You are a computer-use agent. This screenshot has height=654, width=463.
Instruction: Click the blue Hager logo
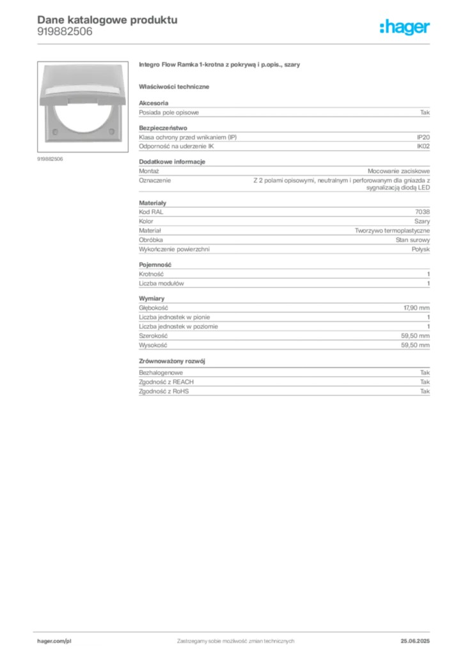pos(405,27)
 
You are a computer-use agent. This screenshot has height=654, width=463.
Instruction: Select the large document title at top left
pos(106,19)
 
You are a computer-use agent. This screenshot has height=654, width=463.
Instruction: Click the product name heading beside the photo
pos(219,66)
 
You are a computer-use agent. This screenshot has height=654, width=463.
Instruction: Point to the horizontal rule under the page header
pos(235,43)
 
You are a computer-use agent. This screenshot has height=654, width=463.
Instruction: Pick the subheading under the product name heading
pos(176,86)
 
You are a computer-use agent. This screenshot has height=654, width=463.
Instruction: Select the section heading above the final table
pos(173,362)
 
